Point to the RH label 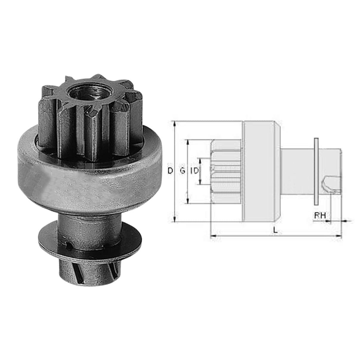320,215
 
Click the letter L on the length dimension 275,231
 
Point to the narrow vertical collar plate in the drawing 316,171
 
